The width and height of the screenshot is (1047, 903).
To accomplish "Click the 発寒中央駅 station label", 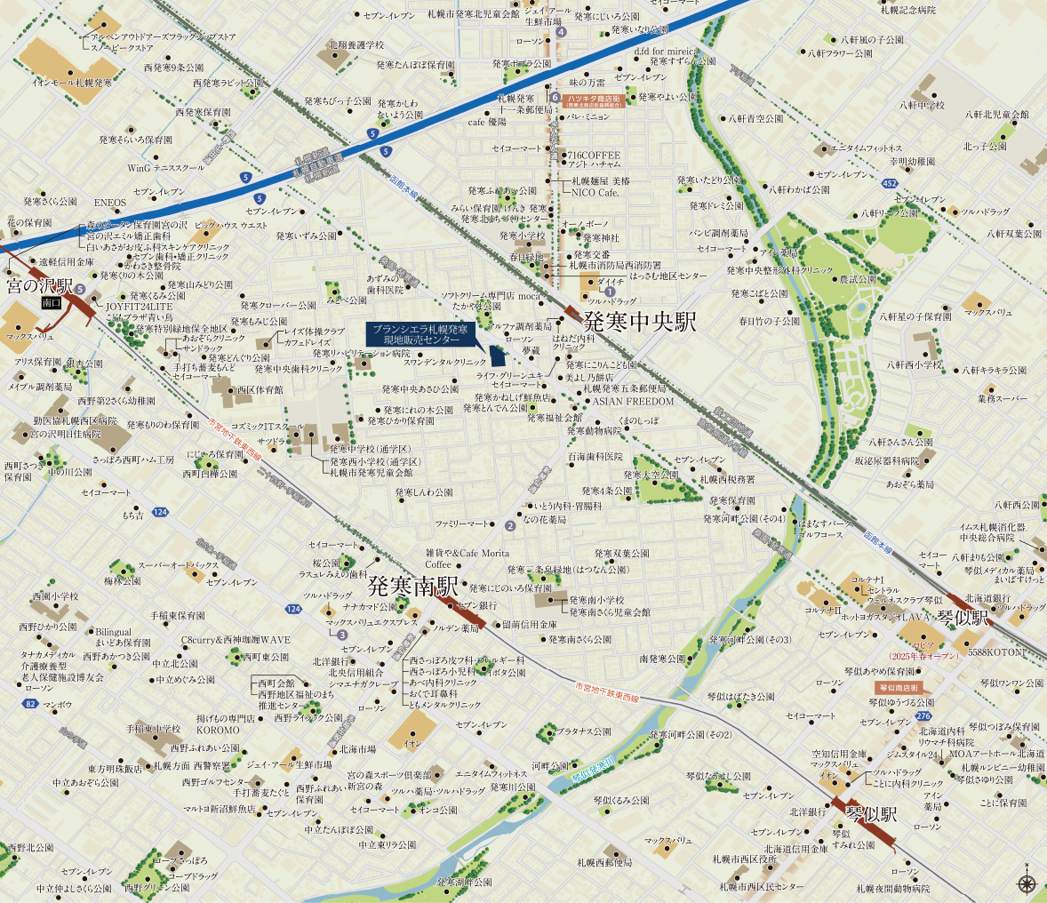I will pyautogui.click(x=639, y=321).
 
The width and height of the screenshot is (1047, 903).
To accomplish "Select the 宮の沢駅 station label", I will pyautogui.click(x=39, y=286).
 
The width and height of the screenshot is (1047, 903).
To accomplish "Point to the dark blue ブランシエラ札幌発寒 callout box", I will pyautogui.click(x=420, y=334).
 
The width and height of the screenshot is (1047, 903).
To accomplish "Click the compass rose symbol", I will pyautogui.click(x=1027, y=883).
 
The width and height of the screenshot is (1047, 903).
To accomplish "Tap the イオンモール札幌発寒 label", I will pyautogui.click(x=72, y=82).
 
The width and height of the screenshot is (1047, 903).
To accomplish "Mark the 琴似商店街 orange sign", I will pyautogui.click(x=897, y=687).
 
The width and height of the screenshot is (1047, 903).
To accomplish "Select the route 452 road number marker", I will pyautogui.click(x=890, y=183).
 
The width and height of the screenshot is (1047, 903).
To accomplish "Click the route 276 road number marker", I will pyautogui.click(x=923, y=716).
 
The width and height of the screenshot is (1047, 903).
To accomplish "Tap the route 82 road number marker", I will pyautogui.click(x=31, y=704).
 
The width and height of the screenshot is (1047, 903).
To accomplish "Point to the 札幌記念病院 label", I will pyautogui.click(x=908, y=10).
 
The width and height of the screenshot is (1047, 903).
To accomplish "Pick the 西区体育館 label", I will pyautogui.click(x=260, y=389).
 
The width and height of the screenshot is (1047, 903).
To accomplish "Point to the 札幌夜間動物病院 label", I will pyautogui.click(x=892, y=888).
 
